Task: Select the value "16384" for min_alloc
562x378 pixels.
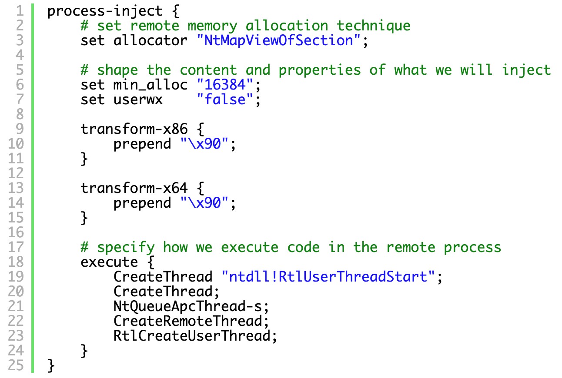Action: (x=225, y=85)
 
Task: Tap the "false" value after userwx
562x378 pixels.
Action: (x=225, y=99)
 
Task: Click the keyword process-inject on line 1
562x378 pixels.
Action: (x=105, y=12)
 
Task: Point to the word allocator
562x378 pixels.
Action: (x=150, y=40)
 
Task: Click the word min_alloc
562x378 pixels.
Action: (x=150, y=85)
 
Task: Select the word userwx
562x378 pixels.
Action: (x=138, y=100)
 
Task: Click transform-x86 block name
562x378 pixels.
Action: (x=134, y=129)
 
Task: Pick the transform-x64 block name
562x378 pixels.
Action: (x=134, y=188)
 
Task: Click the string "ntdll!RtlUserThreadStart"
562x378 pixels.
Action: (x=328, y=277)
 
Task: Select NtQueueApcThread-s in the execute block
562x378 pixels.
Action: (x=187, y=306)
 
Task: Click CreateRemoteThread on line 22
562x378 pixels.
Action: (x=187, y=321)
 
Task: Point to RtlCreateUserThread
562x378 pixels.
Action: (x=192, y=336)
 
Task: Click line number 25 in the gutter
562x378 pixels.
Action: (x=16, y=365)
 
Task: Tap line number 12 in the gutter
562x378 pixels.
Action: (x=16, y=173)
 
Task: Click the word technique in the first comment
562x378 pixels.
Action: (x=374, y=26)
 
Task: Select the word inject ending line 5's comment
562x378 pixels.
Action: (x=526, y=70)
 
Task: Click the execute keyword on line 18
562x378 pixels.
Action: (x=109, y=262)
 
